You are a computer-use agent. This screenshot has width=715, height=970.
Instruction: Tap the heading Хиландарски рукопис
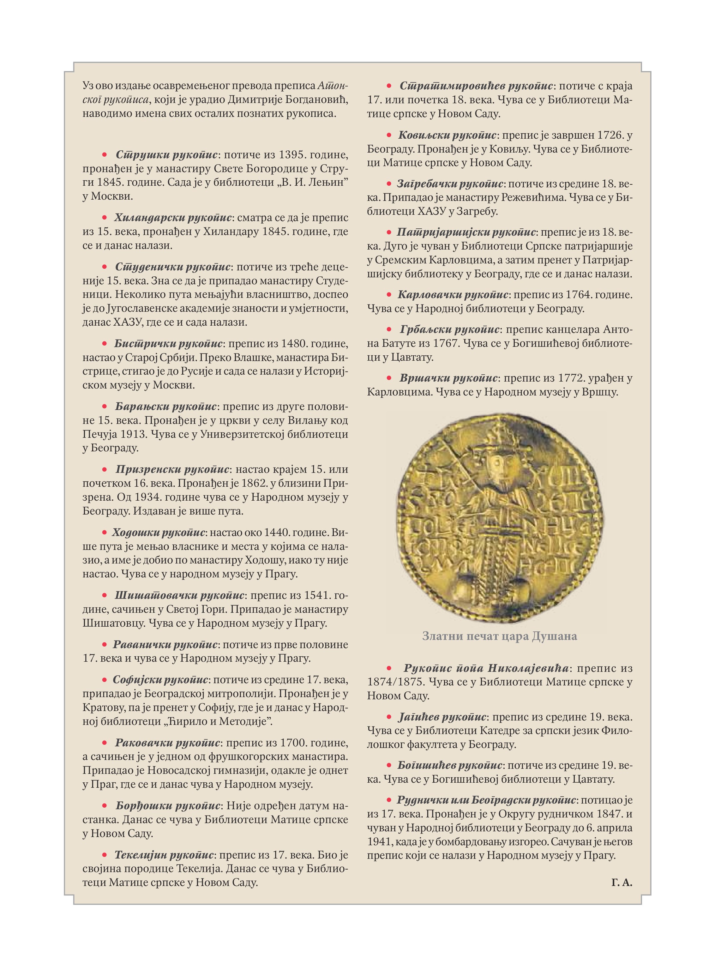(173, 218)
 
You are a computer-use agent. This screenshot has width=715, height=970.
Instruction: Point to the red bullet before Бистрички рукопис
(104, 344)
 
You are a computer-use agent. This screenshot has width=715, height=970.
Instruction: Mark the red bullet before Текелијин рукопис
(104, 855)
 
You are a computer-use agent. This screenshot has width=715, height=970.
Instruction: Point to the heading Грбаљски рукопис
(450, 330)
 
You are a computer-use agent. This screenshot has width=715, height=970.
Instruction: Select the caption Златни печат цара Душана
(500, 636)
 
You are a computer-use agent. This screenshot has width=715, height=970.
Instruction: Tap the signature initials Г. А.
(622, 883)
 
